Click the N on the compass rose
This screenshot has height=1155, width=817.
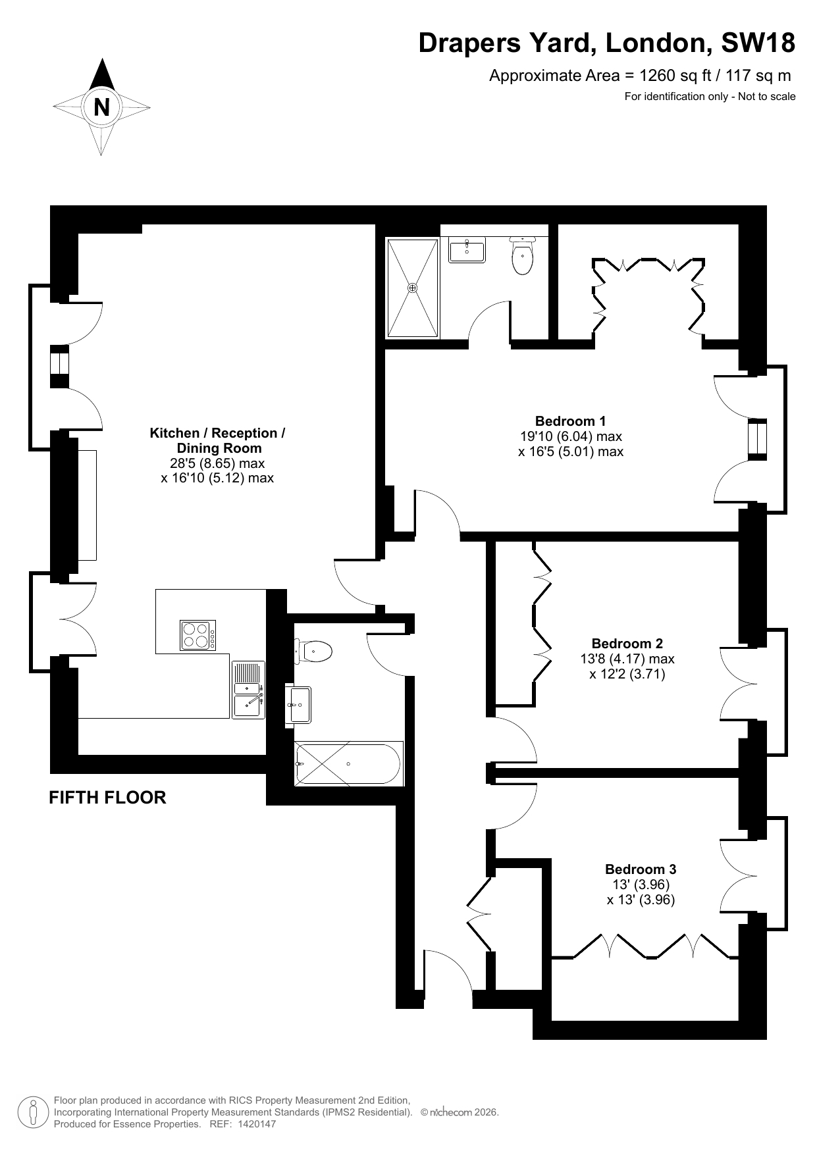tap(101, 107)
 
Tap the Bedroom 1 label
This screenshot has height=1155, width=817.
tap(570, 421)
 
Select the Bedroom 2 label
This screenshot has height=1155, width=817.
tap(627, 644)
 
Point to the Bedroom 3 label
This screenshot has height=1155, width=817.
tap(641, 869)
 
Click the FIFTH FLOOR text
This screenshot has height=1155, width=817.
tap(107, 798)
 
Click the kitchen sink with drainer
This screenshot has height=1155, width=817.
tap(249, 690)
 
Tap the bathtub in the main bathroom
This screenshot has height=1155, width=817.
tap(349, 763)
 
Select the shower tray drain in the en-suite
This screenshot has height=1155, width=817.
tap(413, 288)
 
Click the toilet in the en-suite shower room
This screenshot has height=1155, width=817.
tap(523, 256)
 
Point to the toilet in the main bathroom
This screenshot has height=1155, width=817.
tap(313, 652)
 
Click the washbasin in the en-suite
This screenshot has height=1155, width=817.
tap(467, 250)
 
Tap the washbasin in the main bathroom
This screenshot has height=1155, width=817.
tap(298, 705)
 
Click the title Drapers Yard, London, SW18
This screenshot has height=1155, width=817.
tap(607, 43)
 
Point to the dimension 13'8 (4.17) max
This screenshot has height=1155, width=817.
tap(627, 659)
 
